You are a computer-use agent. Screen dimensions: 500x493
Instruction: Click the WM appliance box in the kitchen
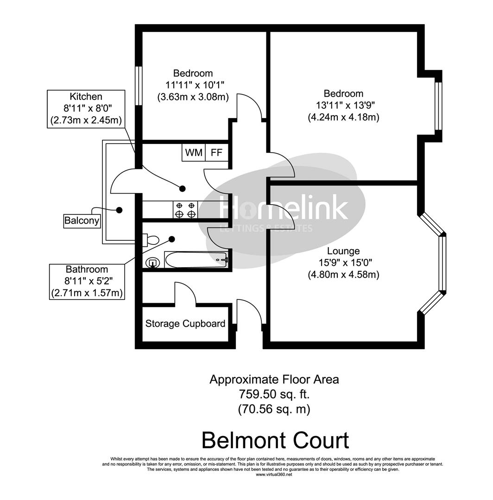click(x=194, y=153)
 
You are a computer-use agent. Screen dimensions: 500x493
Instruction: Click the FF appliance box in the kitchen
click(x=216, y=153)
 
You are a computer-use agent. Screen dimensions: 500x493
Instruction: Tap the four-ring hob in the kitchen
click(x=185, y=209)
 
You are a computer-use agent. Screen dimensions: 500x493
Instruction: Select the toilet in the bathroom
click(x=151, y=240)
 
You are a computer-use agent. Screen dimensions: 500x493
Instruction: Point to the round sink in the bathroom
click(x=152, y=263)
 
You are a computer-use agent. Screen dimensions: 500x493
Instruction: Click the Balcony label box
click(x=82, y=221)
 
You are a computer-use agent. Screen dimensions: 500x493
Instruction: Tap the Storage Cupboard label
click(x=185, y=324)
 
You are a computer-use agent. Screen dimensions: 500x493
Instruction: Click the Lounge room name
click(x=343, y=251)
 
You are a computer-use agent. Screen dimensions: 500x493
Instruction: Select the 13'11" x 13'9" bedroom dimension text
click(x=343, y=106)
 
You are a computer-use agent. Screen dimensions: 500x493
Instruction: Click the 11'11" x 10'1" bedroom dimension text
click(x=193, y=85)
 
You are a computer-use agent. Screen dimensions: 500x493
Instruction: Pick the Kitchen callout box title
click(x=86, y=97)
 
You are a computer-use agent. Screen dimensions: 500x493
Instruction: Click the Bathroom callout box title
click(x=87, y=269)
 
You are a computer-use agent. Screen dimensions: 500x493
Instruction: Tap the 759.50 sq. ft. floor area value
click(x=274, y=394)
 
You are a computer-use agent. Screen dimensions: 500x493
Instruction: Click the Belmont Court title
click(x=275, y=440)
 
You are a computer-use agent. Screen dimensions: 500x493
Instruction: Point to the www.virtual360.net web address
click(x=274, y=474)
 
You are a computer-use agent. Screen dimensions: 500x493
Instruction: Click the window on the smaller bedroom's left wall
click(x=138, y=86)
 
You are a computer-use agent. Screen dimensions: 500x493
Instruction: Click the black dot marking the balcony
click(x=119, y=210)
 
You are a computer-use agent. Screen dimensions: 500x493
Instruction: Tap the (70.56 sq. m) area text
click(x=274, y=409)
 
